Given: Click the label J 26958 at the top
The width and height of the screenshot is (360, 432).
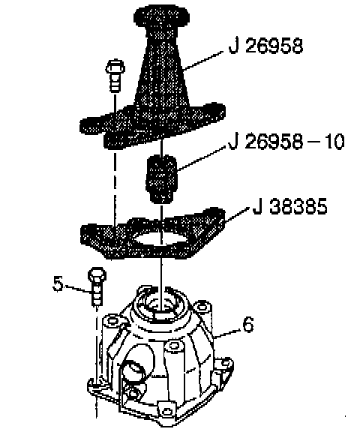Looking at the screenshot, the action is [x=265, y=46].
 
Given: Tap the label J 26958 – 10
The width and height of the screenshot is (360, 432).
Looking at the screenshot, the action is [x=286, y=142].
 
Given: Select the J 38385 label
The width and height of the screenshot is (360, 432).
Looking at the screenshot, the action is [x=290, y=207].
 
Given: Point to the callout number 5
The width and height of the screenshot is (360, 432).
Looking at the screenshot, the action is [x=58, y=283].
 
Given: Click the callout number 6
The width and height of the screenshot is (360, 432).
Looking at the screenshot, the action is [x=247, y=324].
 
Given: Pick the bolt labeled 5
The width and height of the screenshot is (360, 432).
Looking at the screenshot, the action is [x=97, y=286].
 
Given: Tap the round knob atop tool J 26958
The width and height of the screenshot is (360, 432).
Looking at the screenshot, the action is [x=161, y=16].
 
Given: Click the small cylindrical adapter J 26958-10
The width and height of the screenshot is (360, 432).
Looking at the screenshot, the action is [x=161, y=179].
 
